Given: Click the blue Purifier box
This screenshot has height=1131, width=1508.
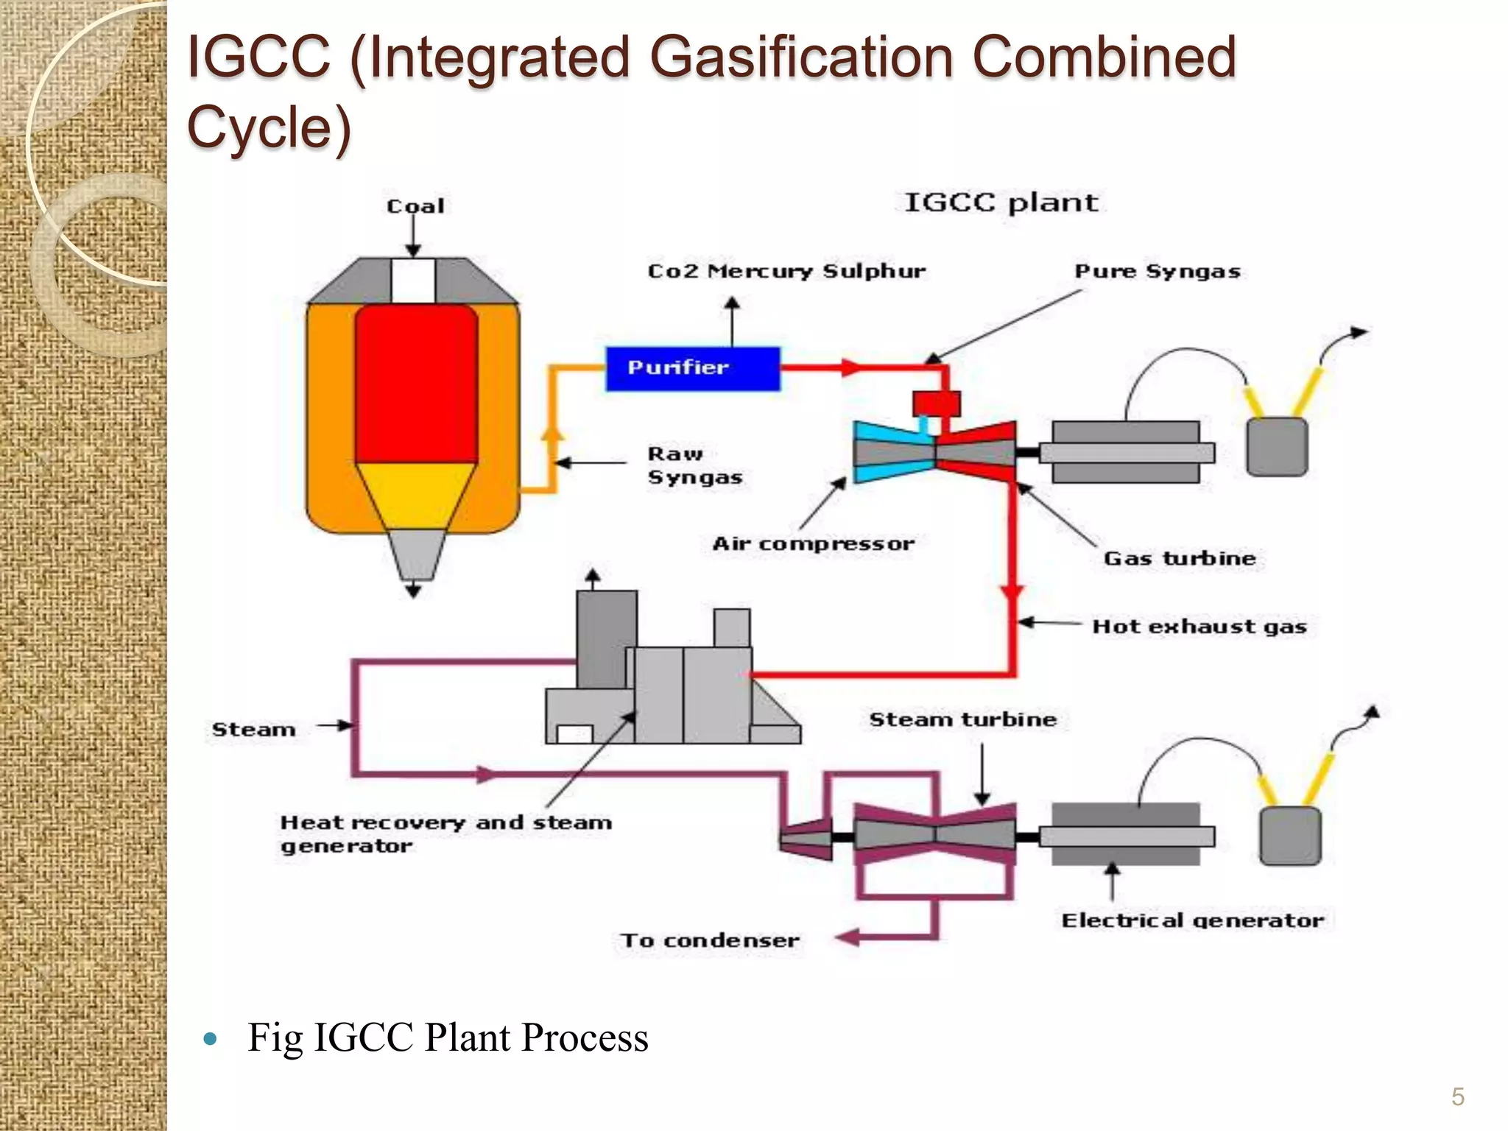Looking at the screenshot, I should pyautogui.click(x=692, y=368).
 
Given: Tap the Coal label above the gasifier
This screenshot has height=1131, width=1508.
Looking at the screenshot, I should pyautogui.click(x=415, y=206).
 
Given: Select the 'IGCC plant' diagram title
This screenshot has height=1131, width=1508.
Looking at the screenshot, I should pyautogui.click(x=1001, y=202).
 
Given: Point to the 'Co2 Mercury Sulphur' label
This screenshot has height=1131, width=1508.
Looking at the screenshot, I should pyautogui.click(x=786, y=271).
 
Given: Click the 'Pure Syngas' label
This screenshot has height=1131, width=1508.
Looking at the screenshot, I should pyautogui.click(x=1158, y=272).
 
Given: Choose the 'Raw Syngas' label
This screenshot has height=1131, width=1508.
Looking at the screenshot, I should pyautogui.click(x=694, y=465).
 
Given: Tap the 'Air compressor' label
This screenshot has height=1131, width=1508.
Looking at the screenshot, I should pyautogui.click(x=813, y=544).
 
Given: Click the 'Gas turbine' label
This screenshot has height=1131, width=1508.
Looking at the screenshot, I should pyautogui.click(x=1179, y=558).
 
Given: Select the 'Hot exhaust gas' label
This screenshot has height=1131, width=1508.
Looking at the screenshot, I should pyautogui.click(x=1199, y=627).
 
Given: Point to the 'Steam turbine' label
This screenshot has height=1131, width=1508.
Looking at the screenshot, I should pyautogui.click(x=962, y=719).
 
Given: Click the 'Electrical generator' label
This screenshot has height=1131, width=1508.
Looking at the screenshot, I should pyautogui.click(x=1192, y=920).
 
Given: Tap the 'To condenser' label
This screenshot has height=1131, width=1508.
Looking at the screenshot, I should pyautogui.click(x=710, y=940).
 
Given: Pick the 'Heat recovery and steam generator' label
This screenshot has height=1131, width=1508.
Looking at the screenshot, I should pyautogui.click(x=445, y=834).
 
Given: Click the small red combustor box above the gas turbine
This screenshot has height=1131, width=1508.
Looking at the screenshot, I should pyautogui.click(x=937, y=404).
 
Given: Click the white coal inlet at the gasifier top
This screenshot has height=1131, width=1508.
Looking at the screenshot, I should pyautogui.click(x=413, y=280).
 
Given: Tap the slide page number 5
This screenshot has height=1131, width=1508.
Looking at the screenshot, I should pyautogui.click(x=1457, y=1097).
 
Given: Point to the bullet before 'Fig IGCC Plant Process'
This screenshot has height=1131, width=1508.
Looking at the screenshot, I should pyautogui.click(x=211, y=1039).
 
